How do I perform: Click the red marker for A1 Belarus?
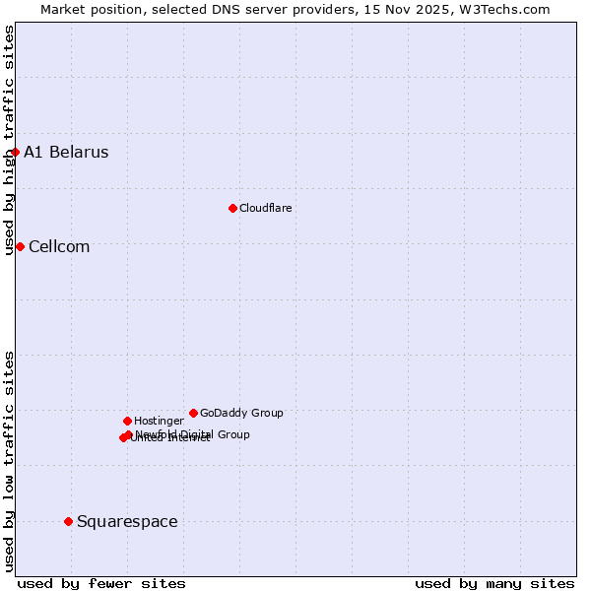coord(15,152)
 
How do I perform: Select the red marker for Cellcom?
coord(20,246)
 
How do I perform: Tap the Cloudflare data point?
coord(232,208)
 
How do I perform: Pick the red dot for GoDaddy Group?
coord(193,413)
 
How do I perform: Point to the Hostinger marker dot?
coord(127,421)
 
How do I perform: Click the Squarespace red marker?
coord(68,521)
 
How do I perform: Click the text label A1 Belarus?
coord(66,152)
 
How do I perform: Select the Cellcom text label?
coord(59,246)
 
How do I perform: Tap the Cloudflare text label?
coord(265,208)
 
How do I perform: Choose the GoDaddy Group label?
coord(241,413)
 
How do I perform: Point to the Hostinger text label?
coord(159,421)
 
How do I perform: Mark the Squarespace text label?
coord(127,521)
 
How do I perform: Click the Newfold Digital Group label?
coord(193,433)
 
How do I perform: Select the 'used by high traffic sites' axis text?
coord(9,140)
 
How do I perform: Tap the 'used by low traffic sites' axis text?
coord(9,460)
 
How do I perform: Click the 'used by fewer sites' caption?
coord(101,583)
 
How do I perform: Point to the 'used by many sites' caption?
coord(494,583)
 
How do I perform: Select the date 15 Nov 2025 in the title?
coord(420,9)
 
